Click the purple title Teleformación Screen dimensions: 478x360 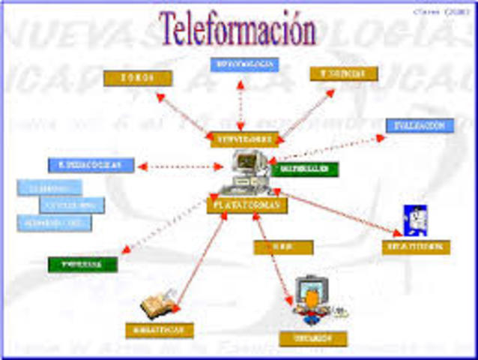pyautogui.click(x=237, y=30)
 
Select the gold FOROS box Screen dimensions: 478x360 pyautogui.click(x=138, y=78)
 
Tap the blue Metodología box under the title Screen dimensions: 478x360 pyautogui.click(x=244, y=64)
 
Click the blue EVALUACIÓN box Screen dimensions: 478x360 pyautogui.click(x=420, y=125)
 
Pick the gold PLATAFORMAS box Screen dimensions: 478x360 pyautogui.click(x=246, y=204)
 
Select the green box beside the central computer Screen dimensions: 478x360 pyautogui.click(x=306, y=169)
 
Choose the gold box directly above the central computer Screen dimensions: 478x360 pyautogui.click(x=244, y=139)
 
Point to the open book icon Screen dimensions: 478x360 pyautogui.click(x=158, y=305)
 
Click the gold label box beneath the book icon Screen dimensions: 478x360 pyautogui.click(x=160, y=330)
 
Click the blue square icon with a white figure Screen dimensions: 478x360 pyautogui.click(x=414, y=220)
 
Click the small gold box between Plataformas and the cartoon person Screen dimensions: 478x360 pyautogui.click(x=282, y=247)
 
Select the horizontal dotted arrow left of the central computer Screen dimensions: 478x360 pyautogui.click(x=181, y=166)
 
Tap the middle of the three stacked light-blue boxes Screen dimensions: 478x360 pyautogui.click(x=72, y=205)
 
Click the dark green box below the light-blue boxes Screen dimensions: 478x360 pyautogui.click(x=82, y=264)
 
